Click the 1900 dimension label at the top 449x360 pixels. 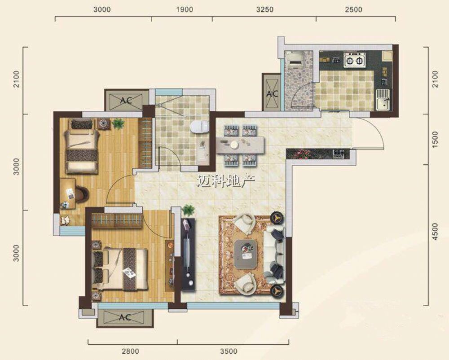[185, 9]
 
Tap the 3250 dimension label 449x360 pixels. [265, 9]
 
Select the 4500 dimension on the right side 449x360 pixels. [435, 232]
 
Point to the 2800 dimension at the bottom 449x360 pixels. [130, 351]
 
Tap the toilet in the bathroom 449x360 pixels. [199, 127]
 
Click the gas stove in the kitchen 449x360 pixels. [355, 60]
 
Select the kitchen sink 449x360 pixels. [383, 99]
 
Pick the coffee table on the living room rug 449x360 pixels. [245, 254]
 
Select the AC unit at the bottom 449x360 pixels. [125, 317]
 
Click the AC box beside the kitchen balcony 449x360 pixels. [272, 93]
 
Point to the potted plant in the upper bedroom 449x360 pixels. [118, 124]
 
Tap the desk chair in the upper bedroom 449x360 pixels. [82, 193]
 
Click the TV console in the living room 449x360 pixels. [188, 255]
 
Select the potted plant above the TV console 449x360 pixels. [189, 211]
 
